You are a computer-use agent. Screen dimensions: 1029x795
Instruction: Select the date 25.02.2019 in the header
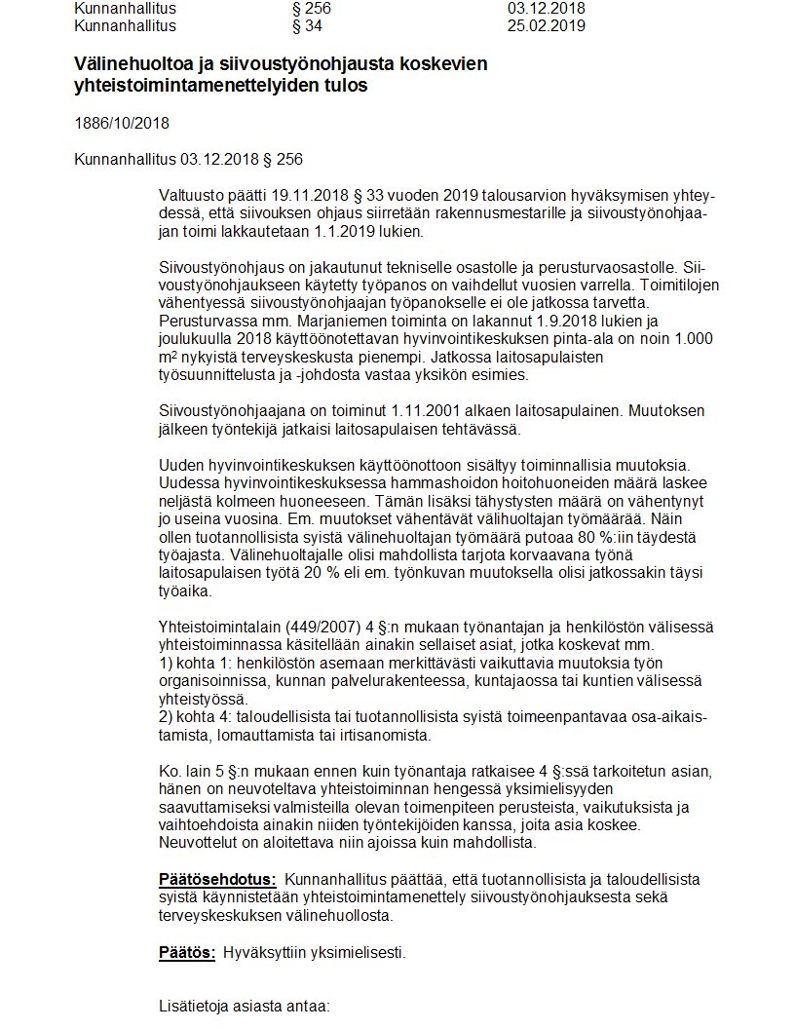tap(546, 25)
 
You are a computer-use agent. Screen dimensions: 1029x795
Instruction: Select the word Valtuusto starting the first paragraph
tap(192, 197)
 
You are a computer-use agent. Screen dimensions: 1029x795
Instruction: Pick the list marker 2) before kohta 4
tap(165, 716)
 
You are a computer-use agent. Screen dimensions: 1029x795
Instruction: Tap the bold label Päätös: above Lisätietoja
tap(186, 952)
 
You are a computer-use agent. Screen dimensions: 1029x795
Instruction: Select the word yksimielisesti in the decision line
tap(356, 952)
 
